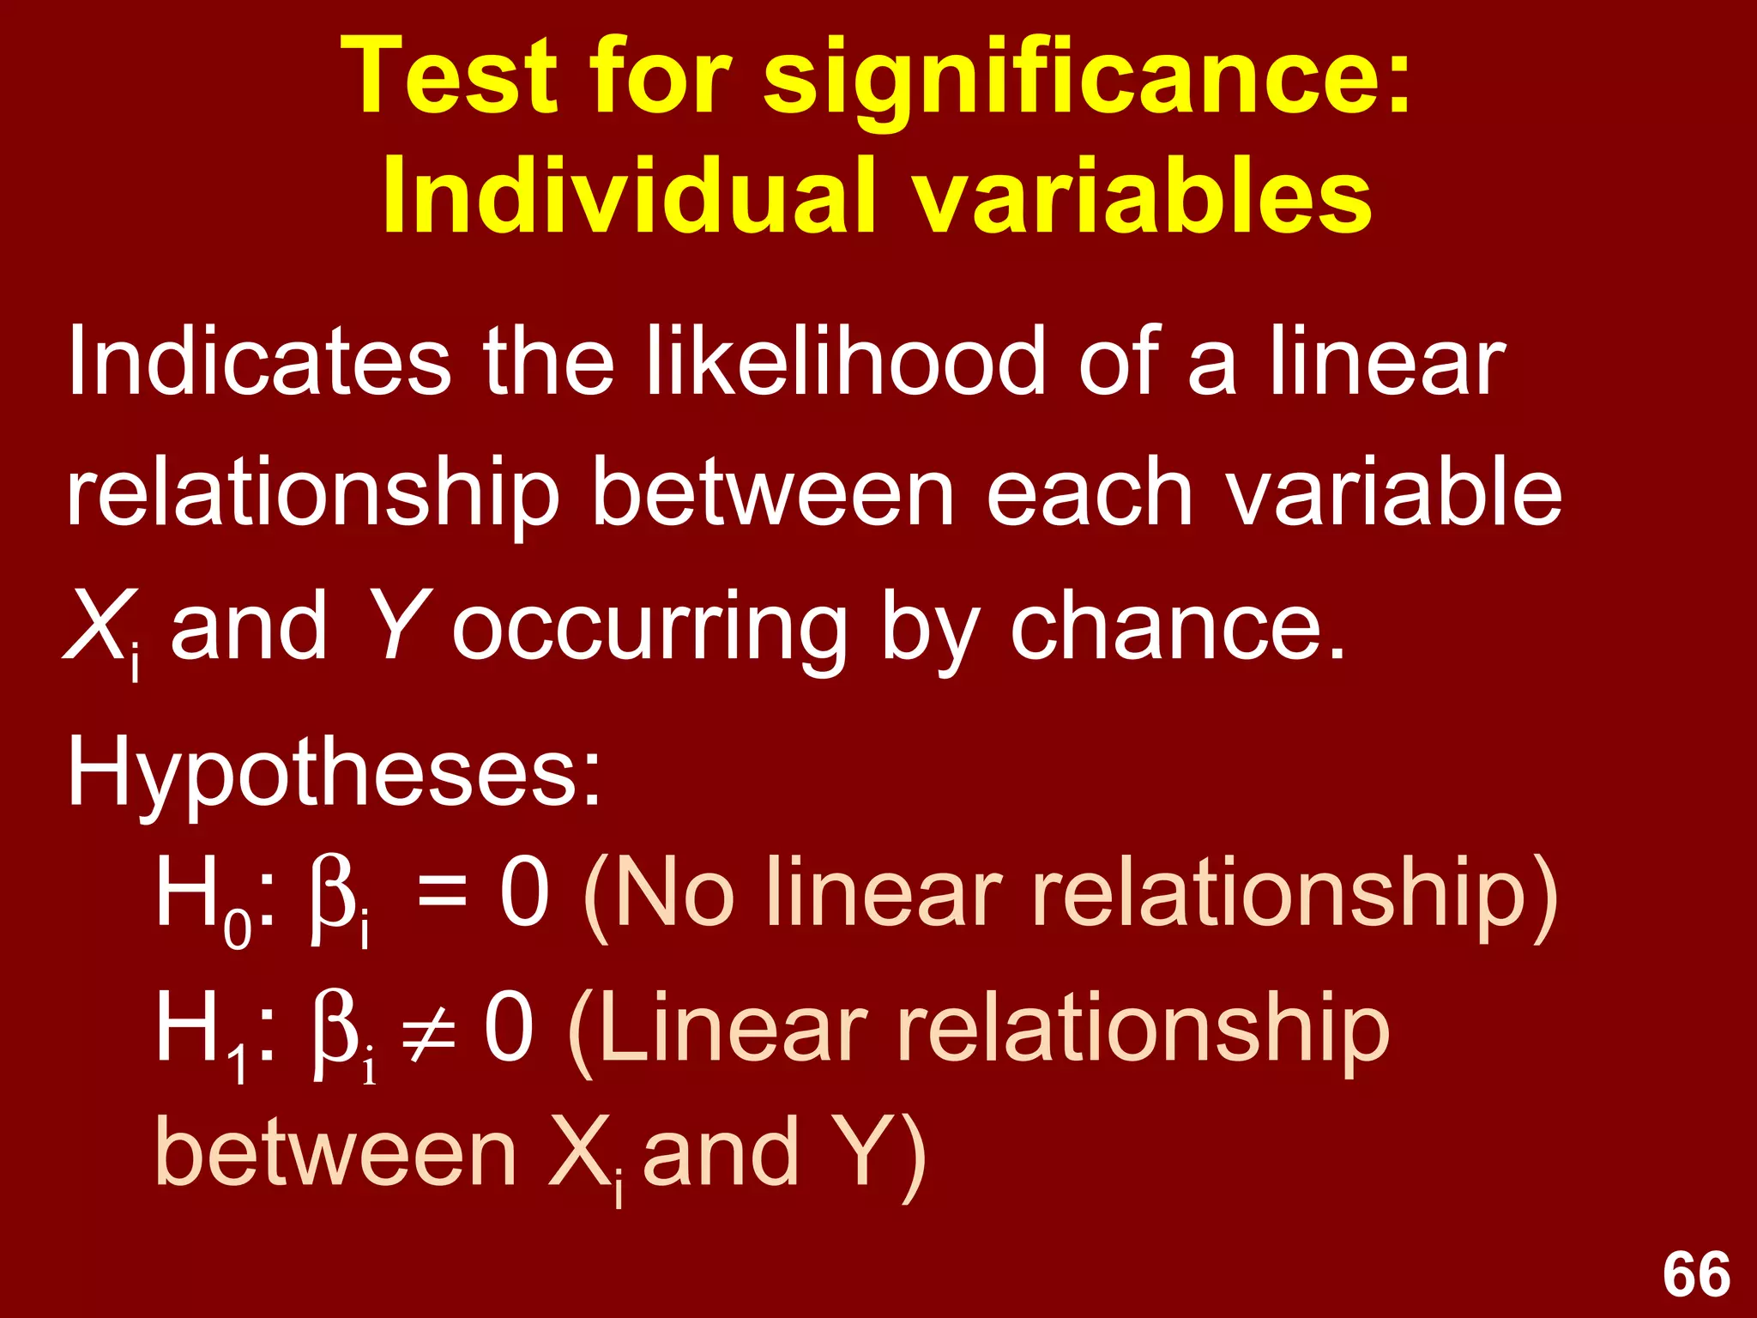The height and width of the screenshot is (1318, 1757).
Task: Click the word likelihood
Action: coord(844,361)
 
